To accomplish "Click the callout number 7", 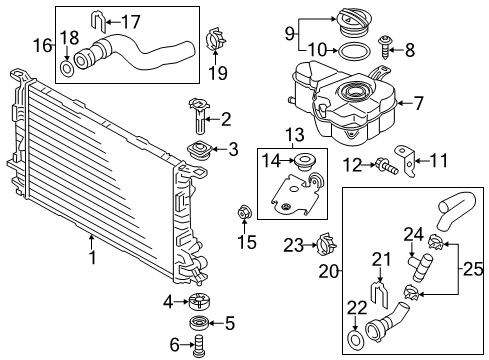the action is (x=418, y=103).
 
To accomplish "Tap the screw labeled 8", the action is (x=385, y=47).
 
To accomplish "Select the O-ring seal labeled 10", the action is (x=354, y=52).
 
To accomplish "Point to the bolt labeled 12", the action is (x=387, y=166).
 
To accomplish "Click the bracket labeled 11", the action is (x=406, y=161).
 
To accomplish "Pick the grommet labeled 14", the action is (x=304, y=161).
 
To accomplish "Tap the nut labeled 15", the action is (x=244, y=212).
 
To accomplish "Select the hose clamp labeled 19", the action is (x=215, y=39).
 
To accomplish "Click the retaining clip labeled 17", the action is (x=98, y=23).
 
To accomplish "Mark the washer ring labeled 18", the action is (x=67, y=69).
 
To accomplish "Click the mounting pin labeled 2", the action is (x=199, y=115).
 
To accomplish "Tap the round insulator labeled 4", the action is (x=199, y=302).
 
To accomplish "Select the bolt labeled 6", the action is (x=199, y=346).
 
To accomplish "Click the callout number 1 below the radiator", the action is (x=92, y=258).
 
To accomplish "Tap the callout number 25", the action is (x=473, y=269).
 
